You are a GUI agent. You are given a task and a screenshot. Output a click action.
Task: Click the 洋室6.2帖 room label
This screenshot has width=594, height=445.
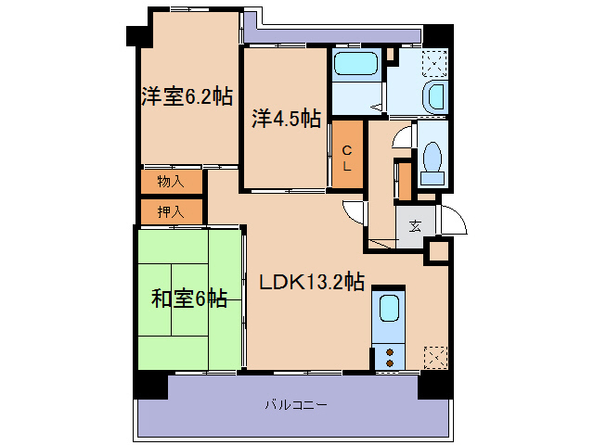tap(187, 96)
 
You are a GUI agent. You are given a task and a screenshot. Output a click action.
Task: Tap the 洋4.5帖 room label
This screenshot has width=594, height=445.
tap(287, 119)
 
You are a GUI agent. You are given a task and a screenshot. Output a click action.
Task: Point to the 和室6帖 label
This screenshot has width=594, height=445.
tap(189, 298)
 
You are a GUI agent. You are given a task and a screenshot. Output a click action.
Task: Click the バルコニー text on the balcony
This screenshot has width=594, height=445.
tap(295, 405)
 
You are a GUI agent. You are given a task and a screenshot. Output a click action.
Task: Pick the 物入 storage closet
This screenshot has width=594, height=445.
tap(171, 181)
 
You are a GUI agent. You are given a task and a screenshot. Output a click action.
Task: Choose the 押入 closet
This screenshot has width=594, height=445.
tap(171, 211)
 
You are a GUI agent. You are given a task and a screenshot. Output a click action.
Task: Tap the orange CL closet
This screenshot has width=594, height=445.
tap(346, 158)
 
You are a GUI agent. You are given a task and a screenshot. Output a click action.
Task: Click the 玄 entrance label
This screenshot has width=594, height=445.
tap(413, 224)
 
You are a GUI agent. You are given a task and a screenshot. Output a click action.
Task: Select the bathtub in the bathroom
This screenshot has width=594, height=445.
tap(355, 67)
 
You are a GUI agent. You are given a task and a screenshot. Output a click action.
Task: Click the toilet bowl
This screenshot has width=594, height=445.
tap(431, 159)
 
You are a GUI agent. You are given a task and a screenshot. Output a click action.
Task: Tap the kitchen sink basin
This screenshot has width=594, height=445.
tap(389, 311)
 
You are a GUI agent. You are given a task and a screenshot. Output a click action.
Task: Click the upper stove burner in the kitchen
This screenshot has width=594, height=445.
tap(389, 350)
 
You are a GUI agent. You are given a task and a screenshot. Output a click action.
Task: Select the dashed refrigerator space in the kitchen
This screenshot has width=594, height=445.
tap(434, 357)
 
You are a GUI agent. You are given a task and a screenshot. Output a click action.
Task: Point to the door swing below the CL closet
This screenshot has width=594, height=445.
tap(353, 210)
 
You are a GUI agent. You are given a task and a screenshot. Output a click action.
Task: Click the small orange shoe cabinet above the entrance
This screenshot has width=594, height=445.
tap(403, 180)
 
